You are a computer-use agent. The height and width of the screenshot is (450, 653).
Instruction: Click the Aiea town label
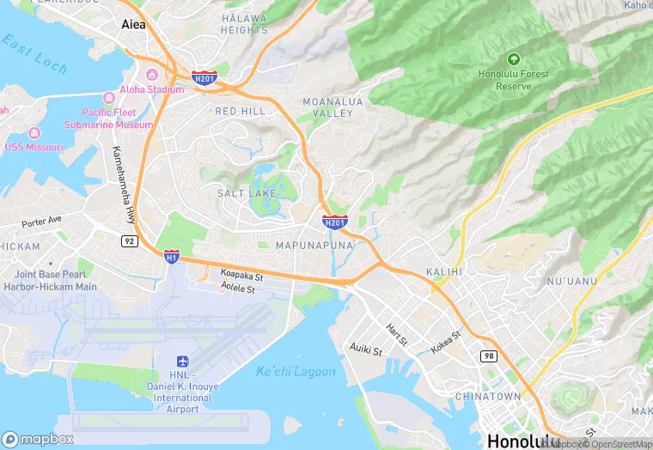tap(133, 25)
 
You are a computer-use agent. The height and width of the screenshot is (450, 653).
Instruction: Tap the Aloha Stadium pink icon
tap(152, 75)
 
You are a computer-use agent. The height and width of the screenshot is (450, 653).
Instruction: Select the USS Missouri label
tap(34, 147)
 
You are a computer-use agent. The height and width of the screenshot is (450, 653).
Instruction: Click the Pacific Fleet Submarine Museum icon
tap(109, 98)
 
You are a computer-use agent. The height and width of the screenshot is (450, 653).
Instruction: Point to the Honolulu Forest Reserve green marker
tap(514, 59)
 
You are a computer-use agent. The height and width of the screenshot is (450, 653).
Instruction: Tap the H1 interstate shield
tap(172, 256)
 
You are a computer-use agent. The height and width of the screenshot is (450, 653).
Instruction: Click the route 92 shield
tap(129, 240)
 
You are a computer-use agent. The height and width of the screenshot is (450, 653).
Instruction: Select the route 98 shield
tap(489, 356)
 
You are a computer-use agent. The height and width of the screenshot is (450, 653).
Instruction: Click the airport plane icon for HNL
tap(182, 362)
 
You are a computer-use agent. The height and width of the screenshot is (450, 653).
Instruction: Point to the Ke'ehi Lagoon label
tap(296, 372)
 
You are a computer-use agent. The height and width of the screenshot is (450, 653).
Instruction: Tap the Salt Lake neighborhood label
tap(246, 194)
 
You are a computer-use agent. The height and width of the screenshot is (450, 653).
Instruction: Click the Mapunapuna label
tap(314, 246)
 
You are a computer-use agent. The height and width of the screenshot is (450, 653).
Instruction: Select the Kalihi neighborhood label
tap(444, 271)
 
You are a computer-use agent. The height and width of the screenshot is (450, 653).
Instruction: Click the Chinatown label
tap(487, 397)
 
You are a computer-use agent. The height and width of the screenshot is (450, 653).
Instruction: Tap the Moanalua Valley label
tap(327, 107)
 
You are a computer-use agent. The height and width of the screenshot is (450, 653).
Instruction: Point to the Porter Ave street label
tap(42, 221)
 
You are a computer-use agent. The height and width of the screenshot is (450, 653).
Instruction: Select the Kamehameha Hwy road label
tap(124, 184)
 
